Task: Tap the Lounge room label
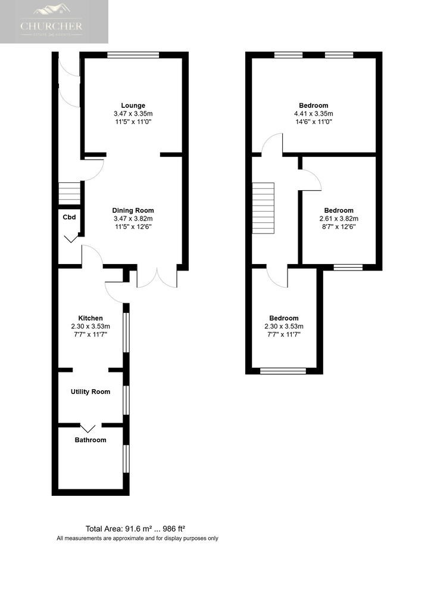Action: click(133, 105)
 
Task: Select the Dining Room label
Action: click(133, 210)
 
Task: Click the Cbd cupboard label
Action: click(69, 217)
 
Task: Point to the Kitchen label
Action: click(90, 318)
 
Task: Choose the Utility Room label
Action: click(90, 392)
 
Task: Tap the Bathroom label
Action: click(90, 440)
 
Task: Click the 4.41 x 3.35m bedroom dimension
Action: click(313, 114)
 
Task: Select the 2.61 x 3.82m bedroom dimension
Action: click(339, 219)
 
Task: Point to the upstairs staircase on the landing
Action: click(263, 208)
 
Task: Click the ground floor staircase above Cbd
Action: click(70, 194)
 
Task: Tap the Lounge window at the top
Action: click(133, 55)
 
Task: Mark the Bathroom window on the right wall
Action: click(126, 459)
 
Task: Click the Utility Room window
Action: click(126, 401)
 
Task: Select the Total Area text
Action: click(135, 529)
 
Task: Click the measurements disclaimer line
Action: click(138, 538)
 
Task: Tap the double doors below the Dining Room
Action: click(157, 277)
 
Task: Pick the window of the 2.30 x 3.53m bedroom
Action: click(283, 371)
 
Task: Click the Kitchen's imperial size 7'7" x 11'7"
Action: click(90, 334)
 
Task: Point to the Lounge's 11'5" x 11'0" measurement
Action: click(133, 122)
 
